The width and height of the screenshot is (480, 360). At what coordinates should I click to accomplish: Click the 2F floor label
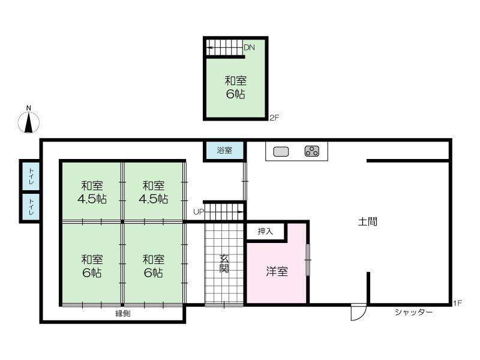point(274,118)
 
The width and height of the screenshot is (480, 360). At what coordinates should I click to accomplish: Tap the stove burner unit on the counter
point(312,151)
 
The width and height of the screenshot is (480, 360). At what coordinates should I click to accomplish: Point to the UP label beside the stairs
point(198,212)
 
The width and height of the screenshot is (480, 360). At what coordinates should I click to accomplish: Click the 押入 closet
point(265,231)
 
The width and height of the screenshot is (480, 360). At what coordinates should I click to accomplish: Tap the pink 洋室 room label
point(277,271)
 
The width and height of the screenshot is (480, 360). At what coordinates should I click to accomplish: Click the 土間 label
point(368,221)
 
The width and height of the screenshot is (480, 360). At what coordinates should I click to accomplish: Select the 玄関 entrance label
point(224,264)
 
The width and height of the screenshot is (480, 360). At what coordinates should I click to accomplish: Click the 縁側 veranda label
point(124,313)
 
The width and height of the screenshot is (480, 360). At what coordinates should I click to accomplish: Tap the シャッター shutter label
point(413,312)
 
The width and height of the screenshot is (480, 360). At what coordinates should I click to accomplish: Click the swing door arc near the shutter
point(358,312)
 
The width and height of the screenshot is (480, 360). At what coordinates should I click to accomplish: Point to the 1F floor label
point(457,304)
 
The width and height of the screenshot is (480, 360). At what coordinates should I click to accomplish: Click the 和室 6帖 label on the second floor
point(235,87)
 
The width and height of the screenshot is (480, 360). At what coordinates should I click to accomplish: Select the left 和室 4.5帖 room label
point(93,192)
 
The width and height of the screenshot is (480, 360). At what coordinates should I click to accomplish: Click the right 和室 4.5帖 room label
point(154,192)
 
